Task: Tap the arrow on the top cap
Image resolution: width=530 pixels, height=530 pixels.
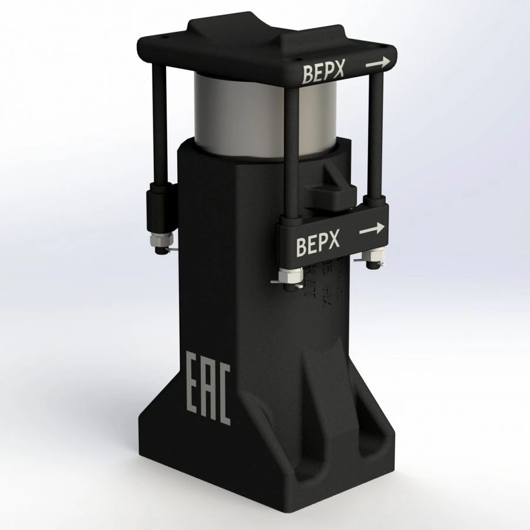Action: point(378,62)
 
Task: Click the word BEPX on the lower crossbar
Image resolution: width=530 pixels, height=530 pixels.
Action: point(318,244)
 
